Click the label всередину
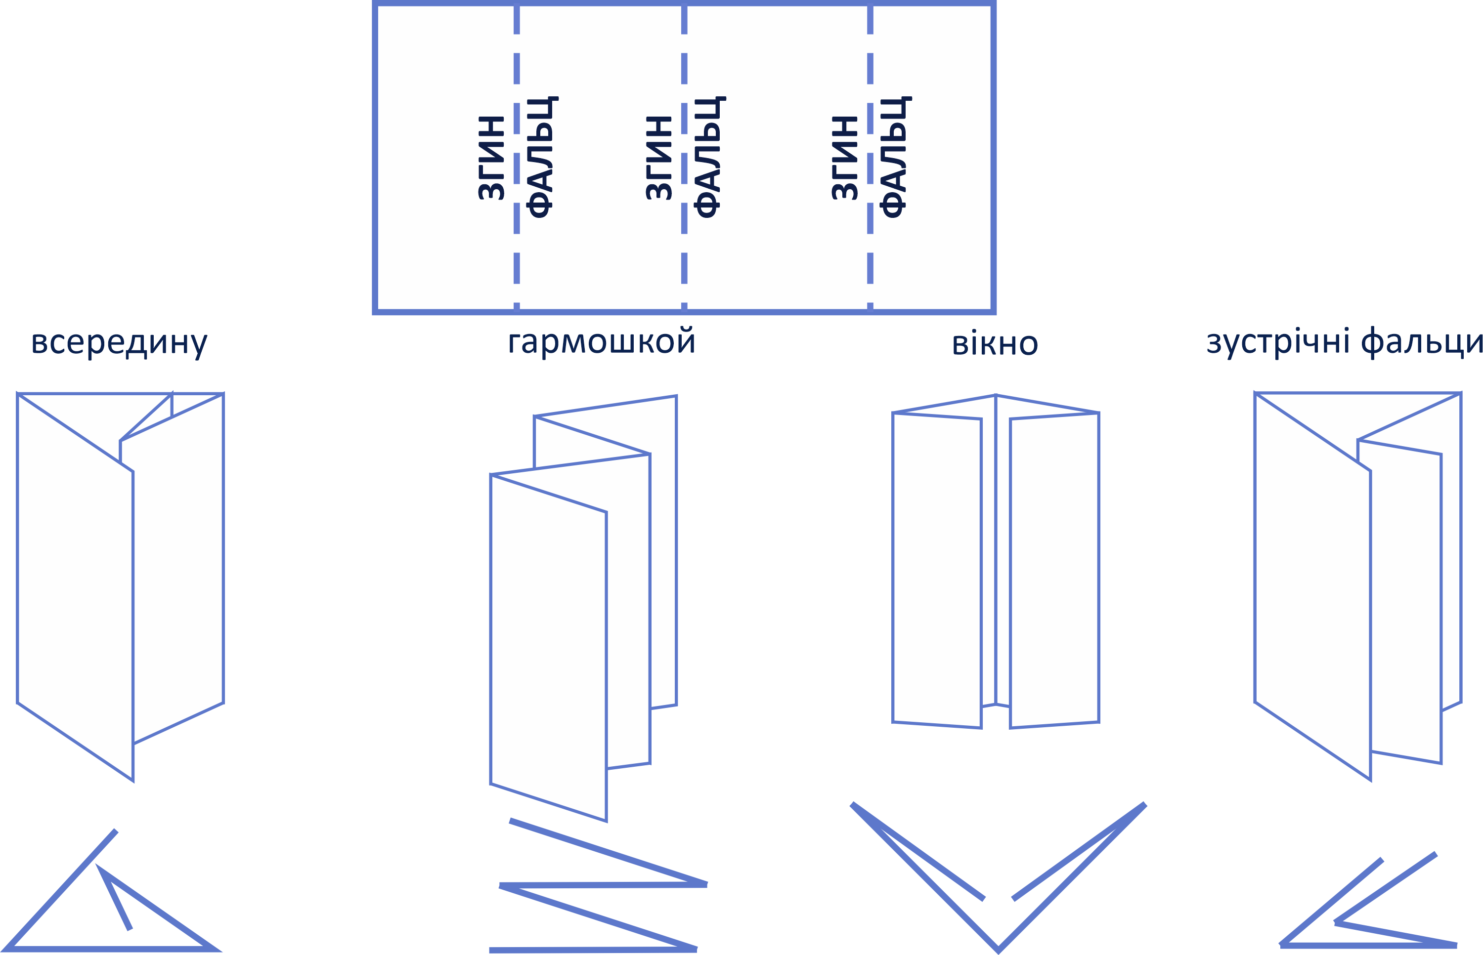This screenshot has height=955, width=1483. tap(119, 342)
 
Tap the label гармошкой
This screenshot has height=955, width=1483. tap(601, 342)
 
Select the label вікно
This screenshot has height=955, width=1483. tap(994, 344)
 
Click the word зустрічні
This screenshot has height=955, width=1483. tap(1278, 342)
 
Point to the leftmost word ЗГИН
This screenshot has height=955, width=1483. tap(491, 158)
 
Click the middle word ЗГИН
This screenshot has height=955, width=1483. tap(659, 158)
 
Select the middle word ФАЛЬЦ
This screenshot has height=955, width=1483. tap(708, 158)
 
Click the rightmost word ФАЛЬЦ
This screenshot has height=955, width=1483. tap(894, 158)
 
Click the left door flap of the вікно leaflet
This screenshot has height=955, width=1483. tap(936, 571)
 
